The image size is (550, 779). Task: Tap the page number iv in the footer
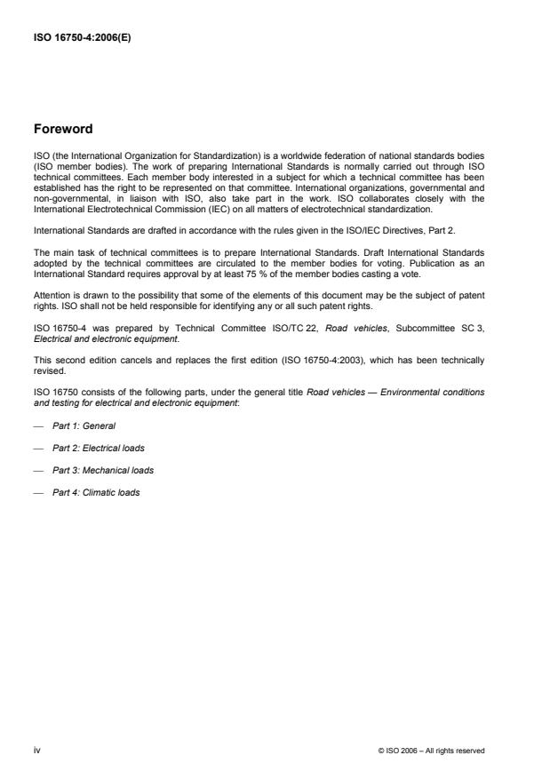(x=37, y=750)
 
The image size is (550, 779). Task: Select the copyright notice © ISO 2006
(x=431, y=751)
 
